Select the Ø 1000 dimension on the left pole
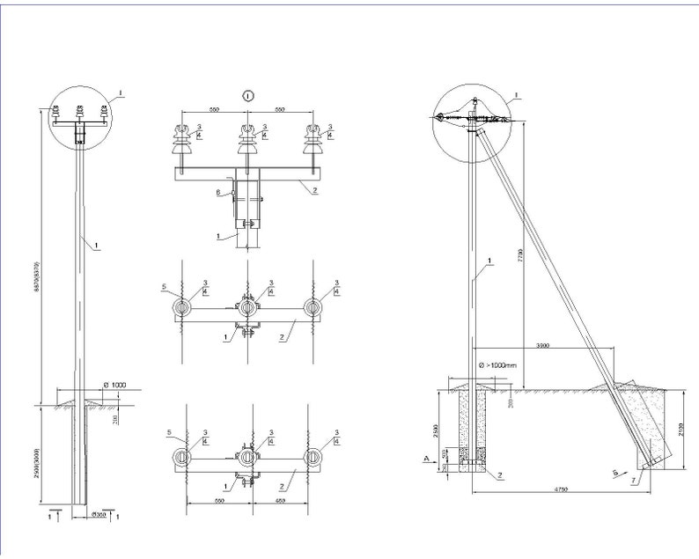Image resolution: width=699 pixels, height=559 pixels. (115, 386)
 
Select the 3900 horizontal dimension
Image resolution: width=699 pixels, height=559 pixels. (542, 346)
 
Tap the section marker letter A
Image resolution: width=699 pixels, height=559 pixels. (426, 458)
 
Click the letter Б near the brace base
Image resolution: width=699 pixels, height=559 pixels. (614, 473)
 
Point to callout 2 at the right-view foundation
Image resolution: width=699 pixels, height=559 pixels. (500, 475)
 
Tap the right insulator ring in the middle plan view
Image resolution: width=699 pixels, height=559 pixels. (313, 306)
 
